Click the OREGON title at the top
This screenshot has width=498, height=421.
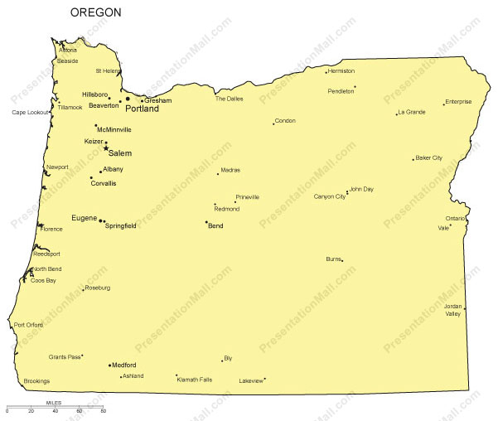pos(95,12)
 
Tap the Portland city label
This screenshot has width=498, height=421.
pos(142,109)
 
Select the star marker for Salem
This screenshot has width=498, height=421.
pos(106,148)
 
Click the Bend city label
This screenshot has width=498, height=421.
pos(215,225)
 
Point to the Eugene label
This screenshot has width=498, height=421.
pos(84,218)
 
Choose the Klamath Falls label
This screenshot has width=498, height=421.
pos(195,380)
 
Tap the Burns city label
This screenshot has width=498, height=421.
pos(333,259)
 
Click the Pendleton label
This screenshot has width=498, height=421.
pos(341,91)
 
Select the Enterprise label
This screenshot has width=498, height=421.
pos(458,102)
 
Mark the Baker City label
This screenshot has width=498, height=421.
pos(429,157)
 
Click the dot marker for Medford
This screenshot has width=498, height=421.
pos(109,365)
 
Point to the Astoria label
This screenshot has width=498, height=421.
pos(67,50)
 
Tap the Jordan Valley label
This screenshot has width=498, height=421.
pos(452,310)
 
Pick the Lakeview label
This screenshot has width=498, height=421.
pos(250,381)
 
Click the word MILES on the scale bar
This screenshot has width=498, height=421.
pos(55,403)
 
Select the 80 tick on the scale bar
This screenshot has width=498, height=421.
pos(103,411)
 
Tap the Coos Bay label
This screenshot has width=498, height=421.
pos(43,280)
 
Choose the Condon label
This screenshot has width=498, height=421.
pos(285,121)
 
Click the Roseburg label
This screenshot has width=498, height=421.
pos(97,288)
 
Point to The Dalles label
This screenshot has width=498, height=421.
pos(230,99)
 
